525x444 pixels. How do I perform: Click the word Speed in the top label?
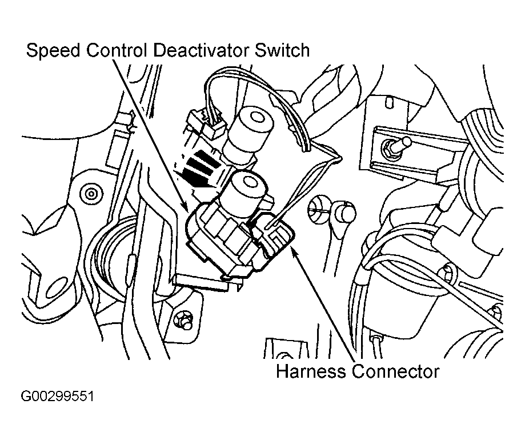tap(53, 50)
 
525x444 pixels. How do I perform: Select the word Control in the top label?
tap(117, 50)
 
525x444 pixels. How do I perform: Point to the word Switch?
tap(282, 50)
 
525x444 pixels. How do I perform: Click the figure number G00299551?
tap(57, 396)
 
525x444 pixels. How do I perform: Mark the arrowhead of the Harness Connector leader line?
tap(294, 250)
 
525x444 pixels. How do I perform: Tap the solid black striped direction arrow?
tap(197, 169)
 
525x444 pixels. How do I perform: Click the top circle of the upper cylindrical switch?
tap(257, 117)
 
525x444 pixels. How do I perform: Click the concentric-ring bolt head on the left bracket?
tap(90, 194)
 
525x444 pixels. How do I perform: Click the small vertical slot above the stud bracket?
tap(388, 102)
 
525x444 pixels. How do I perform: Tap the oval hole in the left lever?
tap(57, 287)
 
